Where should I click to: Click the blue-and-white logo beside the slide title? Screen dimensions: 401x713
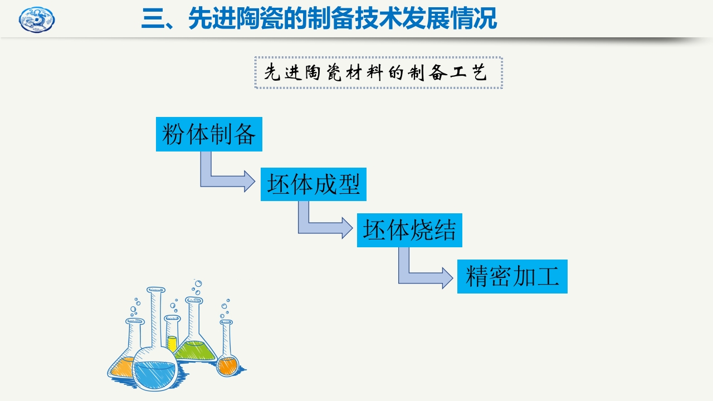pos(37,20)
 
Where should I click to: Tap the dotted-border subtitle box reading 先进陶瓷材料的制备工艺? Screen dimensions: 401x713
pos(379,72)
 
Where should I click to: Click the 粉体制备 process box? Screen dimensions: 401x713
pos(209,134)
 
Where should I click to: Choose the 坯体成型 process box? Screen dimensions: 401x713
pos(314,184)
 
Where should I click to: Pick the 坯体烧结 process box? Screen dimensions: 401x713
pos(409,230)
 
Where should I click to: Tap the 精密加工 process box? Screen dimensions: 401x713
pos(512,276)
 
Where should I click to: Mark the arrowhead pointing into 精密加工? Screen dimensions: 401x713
pos(447,277)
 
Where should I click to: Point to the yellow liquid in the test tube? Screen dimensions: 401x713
pos(172,343)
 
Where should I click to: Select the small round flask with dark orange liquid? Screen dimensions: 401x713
pos(227,365)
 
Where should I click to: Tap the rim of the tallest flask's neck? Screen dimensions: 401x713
pos(156,290)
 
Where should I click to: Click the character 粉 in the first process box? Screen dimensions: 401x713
pos(173,134)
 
